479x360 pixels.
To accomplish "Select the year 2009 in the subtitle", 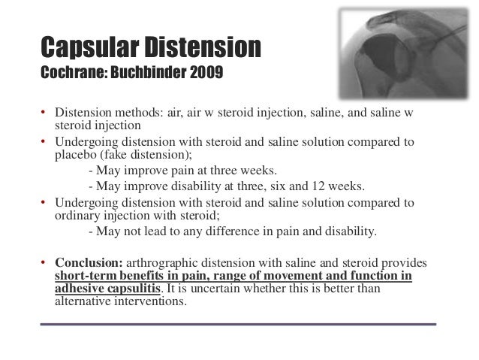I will pos(204,76).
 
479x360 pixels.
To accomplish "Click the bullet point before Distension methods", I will pos(45,114).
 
